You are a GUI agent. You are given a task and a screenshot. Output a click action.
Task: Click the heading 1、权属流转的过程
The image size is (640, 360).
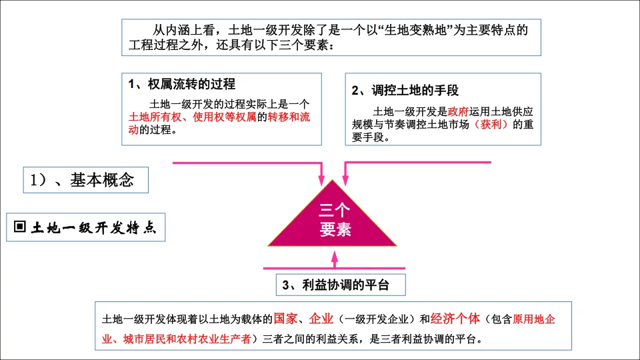click(182, 84)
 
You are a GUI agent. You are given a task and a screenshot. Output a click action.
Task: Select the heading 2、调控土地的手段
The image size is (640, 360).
click(405, 91)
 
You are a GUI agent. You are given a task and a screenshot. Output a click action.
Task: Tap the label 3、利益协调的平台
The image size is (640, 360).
click(335, 285)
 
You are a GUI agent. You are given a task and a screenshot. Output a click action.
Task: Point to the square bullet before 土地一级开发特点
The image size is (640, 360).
click(19, 227)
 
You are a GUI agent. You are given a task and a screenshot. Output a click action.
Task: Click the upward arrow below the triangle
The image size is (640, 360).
click(335, 258)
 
